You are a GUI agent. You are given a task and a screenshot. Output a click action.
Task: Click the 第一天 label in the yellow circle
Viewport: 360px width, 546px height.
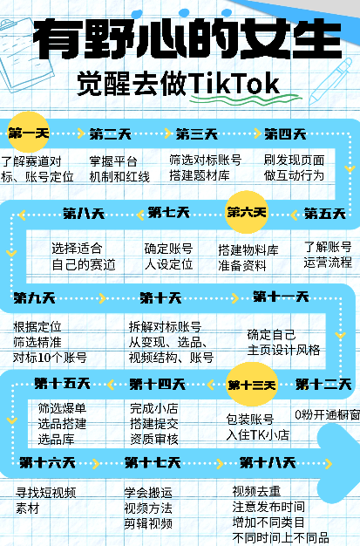(29, 133)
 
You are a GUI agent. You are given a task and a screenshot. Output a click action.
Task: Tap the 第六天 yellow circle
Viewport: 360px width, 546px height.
(247, 212)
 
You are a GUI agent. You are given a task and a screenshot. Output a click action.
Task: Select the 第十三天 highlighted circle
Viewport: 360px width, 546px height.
(251, 385)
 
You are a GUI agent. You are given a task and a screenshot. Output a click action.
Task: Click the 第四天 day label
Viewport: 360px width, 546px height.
(285, 134)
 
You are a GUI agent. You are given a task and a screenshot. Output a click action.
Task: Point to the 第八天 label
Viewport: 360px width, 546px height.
(84, 214)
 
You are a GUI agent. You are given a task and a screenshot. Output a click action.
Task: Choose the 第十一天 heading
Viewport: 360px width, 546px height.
(281, 297)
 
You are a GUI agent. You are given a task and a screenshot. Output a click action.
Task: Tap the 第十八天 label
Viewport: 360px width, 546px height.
(268, 463)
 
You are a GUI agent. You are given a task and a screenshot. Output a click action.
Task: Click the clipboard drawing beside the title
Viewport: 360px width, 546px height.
(24, 54)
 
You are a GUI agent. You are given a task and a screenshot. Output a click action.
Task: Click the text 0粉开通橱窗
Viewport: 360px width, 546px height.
(327, 414)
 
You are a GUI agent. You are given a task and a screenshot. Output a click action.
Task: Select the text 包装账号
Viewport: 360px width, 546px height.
(250, 420)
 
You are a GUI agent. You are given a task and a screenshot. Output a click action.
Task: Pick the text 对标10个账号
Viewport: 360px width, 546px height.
(50, 358)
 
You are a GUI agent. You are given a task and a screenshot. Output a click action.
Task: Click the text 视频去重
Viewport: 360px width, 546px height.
(256, 491)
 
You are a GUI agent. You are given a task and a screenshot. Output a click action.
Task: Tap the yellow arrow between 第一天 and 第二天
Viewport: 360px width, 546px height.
(81, 133)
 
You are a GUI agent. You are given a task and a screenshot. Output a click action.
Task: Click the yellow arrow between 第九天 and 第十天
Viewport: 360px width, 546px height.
(102, 298)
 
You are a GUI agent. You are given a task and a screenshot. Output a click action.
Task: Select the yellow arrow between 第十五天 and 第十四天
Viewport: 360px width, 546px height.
(111, 385)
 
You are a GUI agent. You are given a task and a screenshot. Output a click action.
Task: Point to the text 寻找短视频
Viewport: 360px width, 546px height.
(46, 493)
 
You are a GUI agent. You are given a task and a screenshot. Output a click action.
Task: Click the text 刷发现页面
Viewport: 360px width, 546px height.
(295, 160)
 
